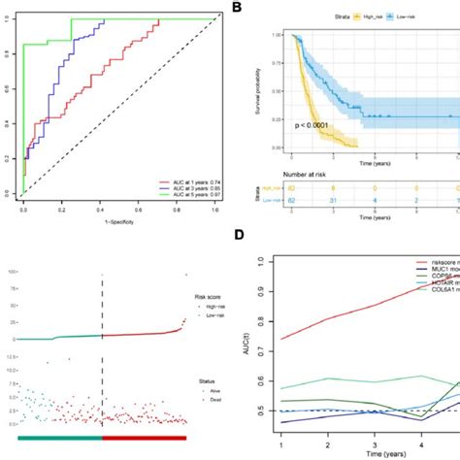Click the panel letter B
(237, 8)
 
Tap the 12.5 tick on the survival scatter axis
(9, 358)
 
